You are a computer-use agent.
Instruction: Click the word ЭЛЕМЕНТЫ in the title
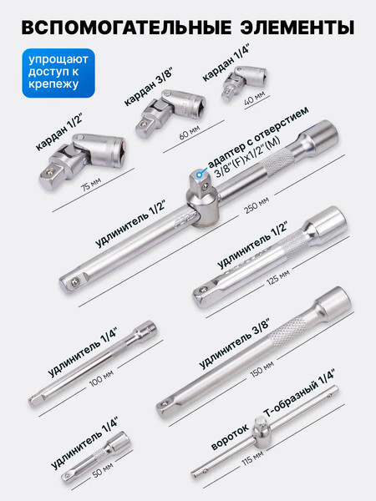pos(297,27)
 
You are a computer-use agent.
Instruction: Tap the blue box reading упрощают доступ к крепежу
pos(58,73)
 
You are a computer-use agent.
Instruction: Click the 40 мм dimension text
pos(255,98)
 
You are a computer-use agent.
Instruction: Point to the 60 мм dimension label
pos(190,132)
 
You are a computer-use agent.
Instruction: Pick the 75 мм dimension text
pos(91,184)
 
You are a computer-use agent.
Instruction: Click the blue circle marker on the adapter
pos(200,175)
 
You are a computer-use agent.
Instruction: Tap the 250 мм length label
pos(257,205)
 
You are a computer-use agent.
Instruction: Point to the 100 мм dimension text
pos(101,378)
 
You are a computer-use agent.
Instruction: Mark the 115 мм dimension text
pos(252,458)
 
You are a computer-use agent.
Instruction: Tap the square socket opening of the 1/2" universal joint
pos(119,151)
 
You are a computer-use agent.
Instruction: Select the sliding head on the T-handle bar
pos(262,432)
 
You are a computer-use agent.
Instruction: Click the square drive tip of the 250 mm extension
pos(71,282)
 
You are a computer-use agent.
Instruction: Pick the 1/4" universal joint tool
pos(244,82)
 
